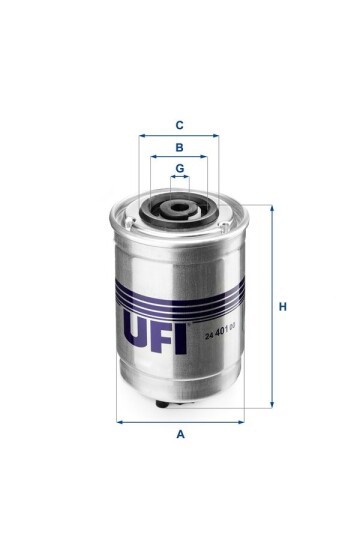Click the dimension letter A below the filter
(x=180, y=434)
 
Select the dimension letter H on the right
(x=283, y=306)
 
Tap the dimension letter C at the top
(x=179, y=125)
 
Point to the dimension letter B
(x=179, y=146)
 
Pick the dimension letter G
(x=180, y=167)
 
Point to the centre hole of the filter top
(x=179, y=209)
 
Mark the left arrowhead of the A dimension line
(x=120, y=421)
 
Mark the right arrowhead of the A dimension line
(x=241, y=421)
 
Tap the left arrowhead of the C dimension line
(x=142, y=136)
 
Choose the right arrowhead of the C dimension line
(x=216, y=136)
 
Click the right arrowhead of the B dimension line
(x=204, y=157)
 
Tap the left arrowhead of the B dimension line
(x=154, y=157)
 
